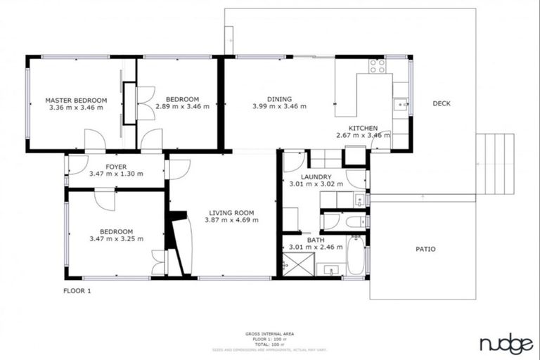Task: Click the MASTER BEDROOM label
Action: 76,100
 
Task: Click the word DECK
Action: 442,103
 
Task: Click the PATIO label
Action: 425,249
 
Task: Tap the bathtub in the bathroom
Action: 355,257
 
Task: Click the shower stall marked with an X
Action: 296,266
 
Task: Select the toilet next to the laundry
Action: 354,222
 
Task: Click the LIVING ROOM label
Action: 231,212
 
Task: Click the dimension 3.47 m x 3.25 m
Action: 116,239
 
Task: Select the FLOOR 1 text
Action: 77,290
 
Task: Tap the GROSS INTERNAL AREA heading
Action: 270,333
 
